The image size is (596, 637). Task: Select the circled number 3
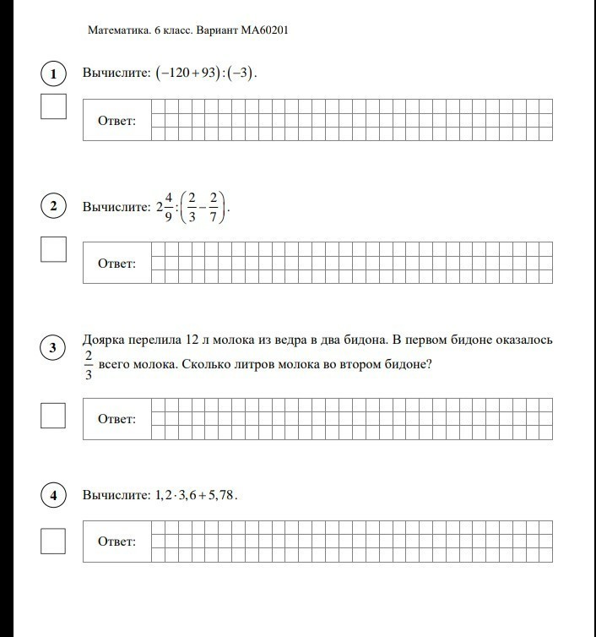coord(53,348)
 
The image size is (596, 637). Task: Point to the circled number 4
coord(53,496)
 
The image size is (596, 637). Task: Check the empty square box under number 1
coord(53,107)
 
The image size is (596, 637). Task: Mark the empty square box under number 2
coord(53,249)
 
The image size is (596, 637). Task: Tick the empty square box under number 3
coord(53,415)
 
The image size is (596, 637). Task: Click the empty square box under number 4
coord(53,541)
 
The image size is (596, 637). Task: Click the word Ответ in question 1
coord(116,121)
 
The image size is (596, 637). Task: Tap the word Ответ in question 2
coord(116,264)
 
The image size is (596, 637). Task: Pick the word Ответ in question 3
coord(116,419)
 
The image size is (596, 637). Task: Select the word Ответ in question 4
coord(116,542)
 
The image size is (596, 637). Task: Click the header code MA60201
coord(265,30)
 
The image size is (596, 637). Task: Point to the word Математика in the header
coord(118,30)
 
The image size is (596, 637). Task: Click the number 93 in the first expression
coord(199,73)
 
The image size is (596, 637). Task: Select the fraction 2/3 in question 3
coord(89,365)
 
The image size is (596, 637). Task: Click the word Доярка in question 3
coord(103,340)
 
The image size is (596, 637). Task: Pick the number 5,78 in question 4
coord(218,496)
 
